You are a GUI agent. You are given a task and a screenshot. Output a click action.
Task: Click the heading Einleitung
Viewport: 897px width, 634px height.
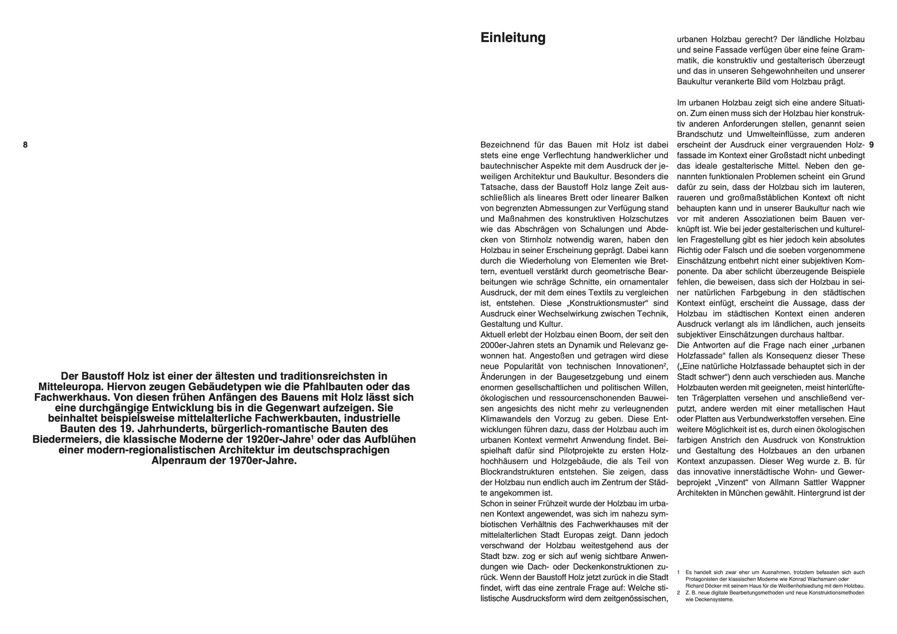pos(513,38)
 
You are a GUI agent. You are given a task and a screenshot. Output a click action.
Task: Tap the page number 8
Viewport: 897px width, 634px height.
pos(25,145)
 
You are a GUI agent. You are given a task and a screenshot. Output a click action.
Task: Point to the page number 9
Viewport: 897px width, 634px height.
pos(871,145)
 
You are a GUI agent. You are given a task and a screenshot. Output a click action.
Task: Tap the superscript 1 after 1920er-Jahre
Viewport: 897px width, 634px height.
pos(313,437)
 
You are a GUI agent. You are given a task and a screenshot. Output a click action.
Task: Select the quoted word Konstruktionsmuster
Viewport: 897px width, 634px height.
pos(603,303)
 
